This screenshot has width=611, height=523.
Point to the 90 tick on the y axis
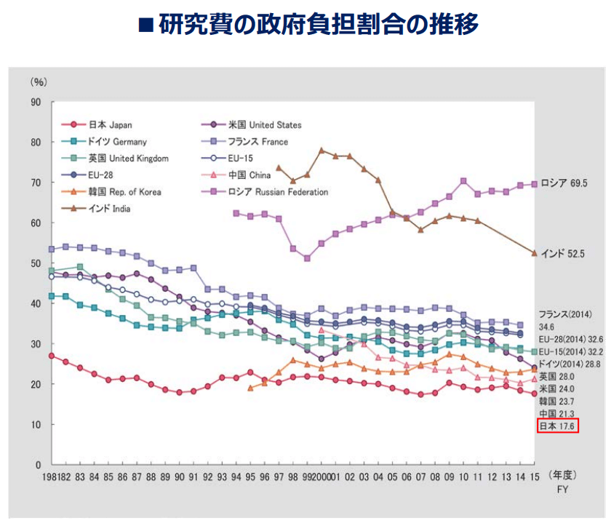coord(36,102)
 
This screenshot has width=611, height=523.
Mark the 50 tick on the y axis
coord(36,263)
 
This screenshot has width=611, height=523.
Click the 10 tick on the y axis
coord(36,424)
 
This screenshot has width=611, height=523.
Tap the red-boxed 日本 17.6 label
coord(557,426)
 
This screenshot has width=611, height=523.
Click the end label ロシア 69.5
coord(563,184)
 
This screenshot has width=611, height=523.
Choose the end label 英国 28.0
coord(556,376)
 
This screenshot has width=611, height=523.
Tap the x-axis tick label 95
coord(250,477)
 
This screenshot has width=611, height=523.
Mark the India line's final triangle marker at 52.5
coord(535,253)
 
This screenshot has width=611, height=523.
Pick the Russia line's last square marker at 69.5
coord(535,184)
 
